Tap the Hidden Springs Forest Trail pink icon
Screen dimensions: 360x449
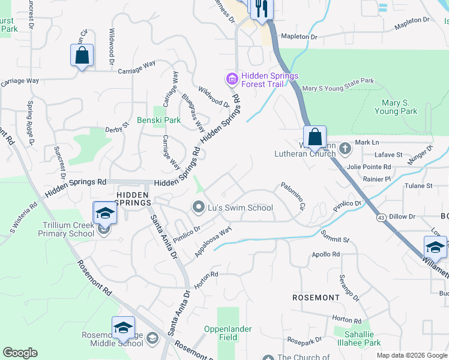coord(232,79)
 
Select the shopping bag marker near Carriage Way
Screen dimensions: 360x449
coord(82,56)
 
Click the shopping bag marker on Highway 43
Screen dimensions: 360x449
coord(315,137)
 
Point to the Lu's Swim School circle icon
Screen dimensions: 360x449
coord(199,208)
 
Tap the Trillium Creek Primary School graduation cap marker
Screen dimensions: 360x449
coord(104,212)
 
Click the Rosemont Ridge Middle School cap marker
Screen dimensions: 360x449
coord(123,328)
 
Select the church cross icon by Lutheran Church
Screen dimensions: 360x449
coord(345,148)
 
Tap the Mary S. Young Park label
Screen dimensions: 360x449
coord(396,107)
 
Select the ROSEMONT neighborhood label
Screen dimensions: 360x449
coord(316,298)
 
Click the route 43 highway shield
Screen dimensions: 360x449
coord(380,217)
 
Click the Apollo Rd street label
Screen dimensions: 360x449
coord(326,254)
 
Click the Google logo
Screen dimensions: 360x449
coord(20,353)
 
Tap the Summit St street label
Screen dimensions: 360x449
coord(334,236)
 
